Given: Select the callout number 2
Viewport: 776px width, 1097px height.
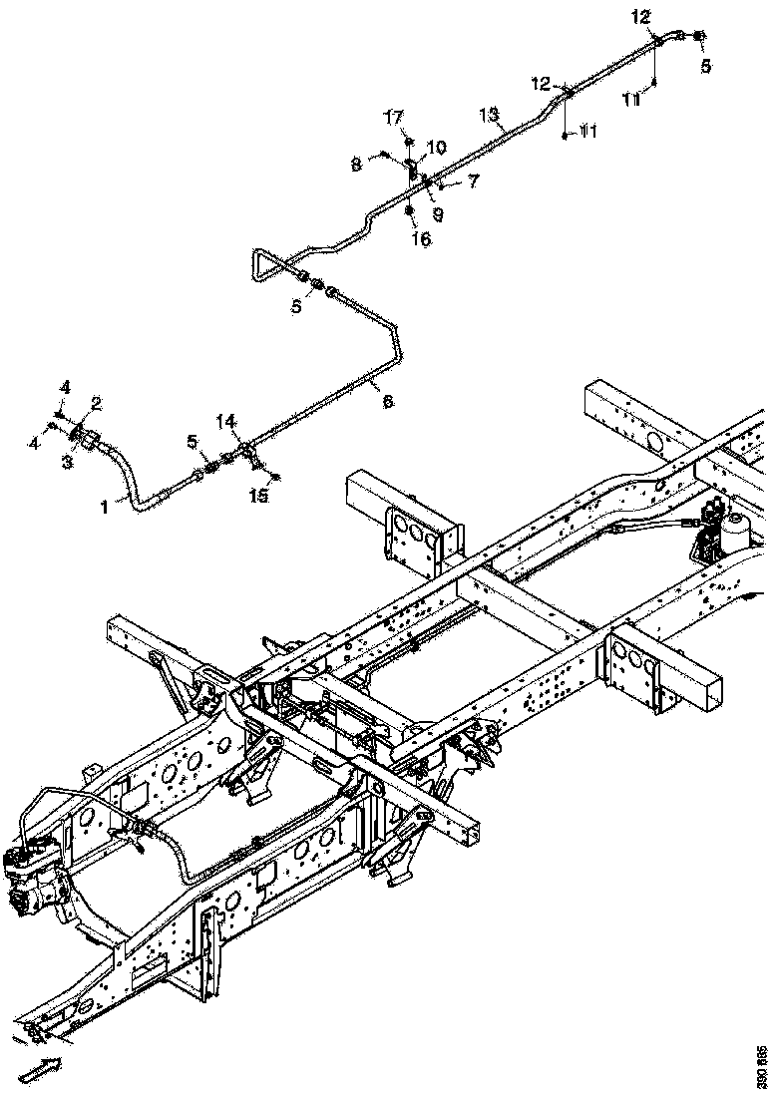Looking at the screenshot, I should [x=97, y=403].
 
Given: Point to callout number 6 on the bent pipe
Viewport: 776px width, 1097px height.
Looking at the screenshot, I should [x=388, y=401].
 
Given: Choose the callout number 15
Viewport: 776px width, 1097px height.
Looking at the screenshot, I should [x=258, y=497].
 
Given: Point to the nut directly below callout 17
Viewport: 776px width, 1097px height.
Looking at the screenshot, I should [x=409, y=138].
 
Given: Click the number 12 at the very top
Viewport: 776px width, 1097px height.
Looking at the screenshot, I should [x=639, y=16].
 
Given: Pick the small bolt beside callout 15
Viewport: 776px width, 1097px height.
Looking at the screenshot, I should [x=274, y=477].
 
